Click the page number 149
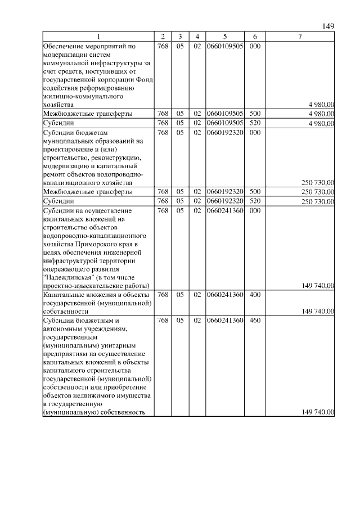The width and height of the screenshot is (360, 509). (328, 26)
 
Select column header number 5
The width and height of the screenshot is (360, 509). (224, 37)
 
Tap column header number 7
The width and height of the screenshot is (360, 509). (300, 37)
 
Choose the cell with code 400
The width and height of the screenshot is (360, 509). (254, 294)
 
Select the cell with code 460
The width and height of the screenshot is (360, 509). (254, 320)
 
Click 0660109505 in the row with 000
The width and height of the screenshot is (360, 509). (224, 46)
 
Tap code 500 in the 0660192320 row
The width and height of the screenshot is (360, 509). (254, 192)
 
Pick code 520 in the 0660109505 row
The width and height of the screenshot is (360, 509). (254, 122)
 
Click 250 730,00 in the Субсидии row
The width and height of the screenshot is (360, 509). (318, 201)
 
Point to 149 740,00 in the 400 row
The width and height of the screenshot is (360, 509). (318, 311)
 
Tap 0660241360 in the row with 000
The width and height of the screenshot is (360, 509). (224, 210)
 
